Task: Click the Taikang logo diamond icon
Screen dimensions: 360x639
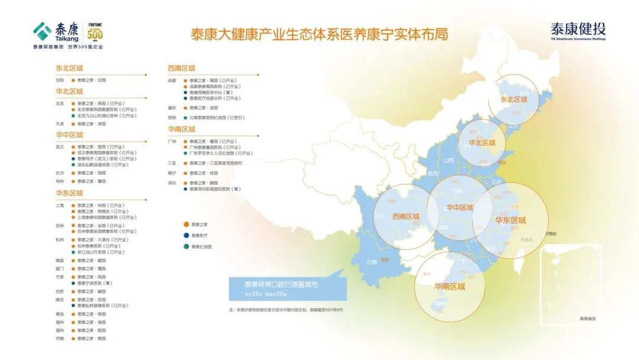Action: click(43, 30)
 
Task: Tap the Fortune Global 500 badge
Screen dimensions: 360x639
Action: click(95, 33)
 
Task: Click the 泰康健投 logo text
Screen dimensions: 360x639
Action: click(578, 29)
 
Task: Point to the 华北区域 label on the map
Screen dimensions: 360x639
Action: click(482, 143)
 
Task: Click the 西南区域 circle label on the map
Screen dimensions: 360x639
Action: click(406, 217)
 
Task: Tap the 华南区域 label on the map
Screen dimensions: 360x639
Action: click(450, 287)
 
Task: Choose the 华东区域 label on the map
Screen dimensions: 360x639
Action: click(510, 220)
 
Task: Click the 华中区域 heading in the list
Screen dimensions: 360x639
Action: click(69, 135)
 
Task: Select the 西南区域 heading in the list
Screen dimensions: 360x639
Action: click(181, 68)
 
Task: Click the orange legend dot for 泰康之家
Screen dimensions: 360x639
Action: click(186, 224)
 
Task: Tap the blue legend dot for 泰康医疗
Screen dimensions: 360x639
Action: click(186, 235)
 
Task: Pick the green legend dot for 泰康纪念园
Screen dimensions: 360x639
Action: click(186, 246)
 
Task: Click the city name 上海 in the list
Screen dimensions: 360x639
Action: click(60, 205)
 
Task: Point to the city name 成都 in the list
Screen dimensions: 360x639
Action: click(172, 80)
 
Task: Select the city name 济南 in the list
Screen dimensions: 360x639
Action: click(60, 338)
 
